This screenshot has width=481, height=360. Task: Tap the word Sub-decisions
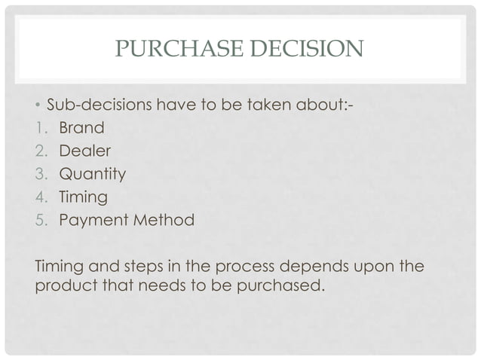[x=100, y=104]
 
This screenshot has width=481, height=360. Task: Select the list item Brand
[x=81, y=127]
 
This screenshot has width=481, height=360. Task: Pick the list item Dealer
[x=84, y=151]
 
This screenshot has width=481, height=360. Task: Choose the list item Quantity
[x=93, y=174]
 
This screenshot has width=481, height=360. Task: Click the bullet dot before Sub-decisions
[x=39, y=105]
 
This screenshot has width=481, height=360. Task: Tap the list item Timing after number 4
[x=84, y=197]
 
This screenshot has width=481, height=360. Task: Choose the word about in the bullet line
[x=324, y=104]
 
